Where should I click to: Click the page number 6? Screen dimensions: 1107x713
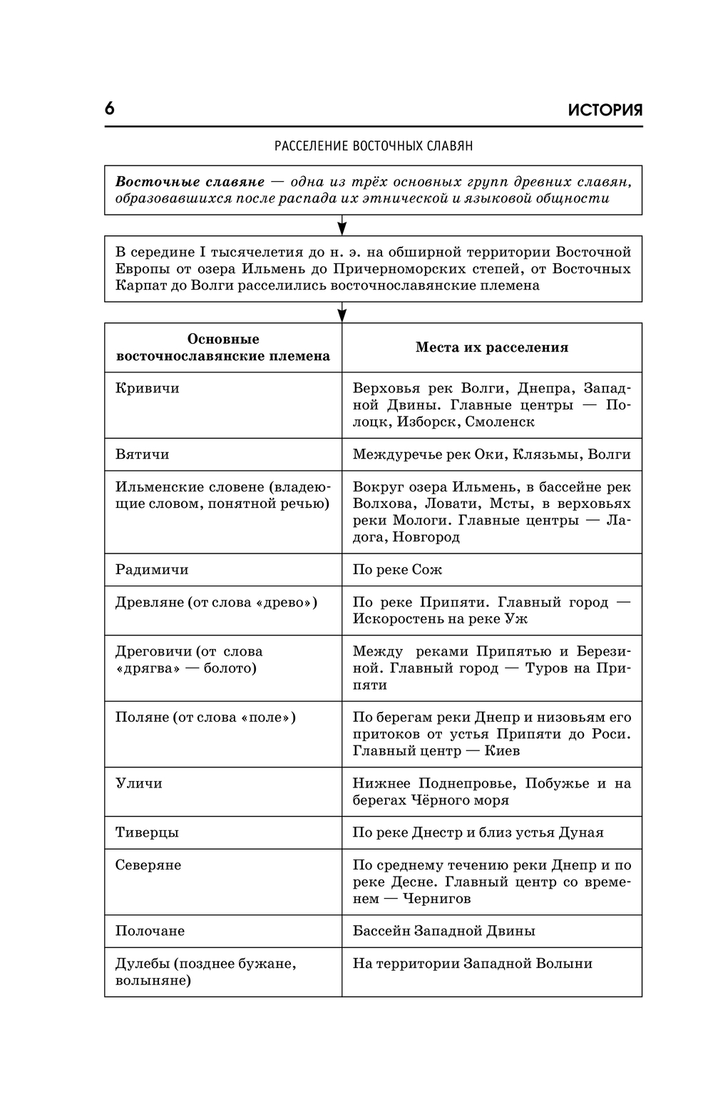(x=109, y=109)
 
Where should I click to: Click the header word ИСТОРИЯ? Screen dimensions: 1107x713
(x=605, y=111)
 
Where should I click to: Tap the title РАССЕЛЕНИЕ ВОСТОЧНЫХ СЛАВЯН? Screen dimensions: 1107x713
(x=374, y=146)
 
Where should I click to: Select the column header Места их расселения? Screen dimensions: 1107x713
(x=492, y=347)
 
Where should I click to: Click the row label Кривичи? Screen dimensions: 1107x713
(x=148, y=388)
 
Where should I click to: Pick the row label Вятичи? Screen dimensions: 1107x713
(x=143, y=454)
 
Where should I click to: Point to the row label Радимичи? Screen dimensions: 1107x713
(x=152, y=570)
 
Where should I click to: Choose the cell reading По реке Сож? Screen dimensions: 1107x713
(x=397, y=570)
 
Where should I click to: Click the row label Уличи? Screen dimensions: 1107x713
(x=139, y=783)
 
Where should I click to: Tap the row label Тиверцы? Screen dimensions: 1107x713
(x=147, y=832)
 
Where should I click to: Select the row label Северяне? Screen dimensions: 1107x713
(x=148, y=865)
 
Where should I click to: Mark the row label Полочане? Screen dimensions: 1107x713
(x=150, y=931)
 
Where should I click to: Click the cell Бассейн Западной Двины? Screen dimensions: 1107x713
(x=443, y=931)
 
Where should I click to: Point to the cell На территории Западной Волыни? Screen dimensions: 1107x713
(x=472, y=964)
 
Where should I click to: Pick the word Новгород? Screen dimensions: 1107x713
(x=426, y=537)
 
